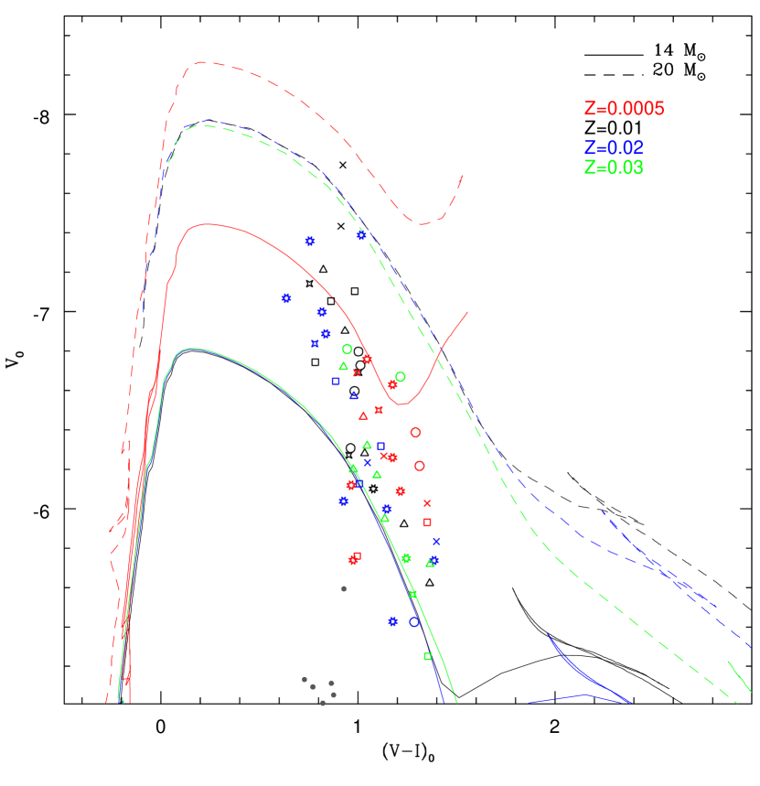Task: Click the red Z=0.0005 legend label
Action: coord(624,109)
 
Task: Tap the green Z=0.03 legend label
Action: coord(614,168)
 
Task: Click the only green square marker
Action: coord(427,656)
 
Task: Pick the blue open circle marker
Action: coord(414,622)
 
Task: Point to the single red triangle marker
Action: coord(363,415)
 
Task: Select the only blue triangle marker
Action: coord(354,395)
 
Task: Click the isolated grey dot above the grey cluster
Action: coord(344,589)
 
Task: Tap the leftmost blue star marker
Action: coord(286,298)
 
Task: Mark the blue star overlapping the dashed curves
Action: coord(361,235)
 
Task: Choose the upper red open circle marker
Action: coord(415,432)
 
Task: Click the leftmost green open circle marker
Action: coord(348,349)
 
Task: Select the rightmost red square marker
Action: coord(427,522)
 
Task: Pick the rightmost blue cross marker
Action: coord(436,541)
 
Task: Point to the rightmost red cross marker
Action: coord(427,502)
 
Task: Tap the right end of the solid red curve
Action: coord(467,312)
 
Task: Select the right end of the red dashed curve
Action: coord(463,176)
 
